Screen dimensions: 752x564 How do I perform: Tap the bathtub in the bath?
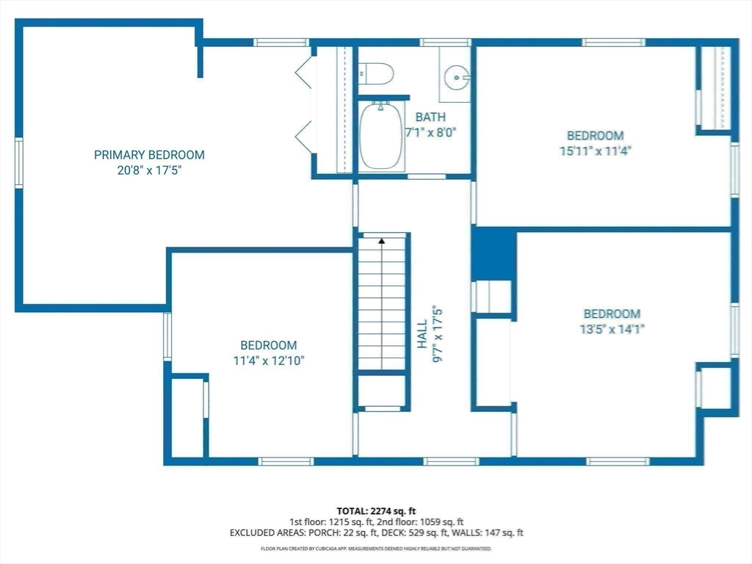click(x=381, y=136)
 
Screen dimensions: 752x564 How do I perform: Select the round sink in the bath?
click(x=457, y=76)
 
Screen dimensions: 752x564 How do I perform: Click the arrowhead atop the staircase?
click(x=382, y=241)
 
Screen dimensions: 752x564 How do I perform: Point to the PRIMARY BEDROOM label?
click(x=149, y=155)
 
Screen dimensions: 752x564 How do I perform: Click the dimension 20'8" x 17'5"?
click(x=150, y=170)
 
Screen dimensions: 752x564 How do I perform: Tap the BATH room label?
click(x=430, y=117)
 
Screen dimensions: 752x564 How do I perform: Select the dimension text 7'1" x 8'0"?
click(x=430, y=132)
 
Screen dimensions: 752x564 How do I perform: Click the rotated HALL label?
click(x=422, y=334)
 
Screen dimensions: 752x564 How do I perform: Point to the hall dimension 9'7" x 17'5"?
click(x=438, y=334)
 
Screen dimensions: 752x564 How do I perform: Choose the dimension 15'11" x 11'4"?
click(x=595, y=151)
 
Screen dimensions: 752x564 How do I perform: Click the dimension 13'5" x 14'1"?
click(x=612, y=330)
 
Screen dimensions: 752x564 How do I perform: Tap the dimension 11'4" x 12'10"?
click(x=269, y=361)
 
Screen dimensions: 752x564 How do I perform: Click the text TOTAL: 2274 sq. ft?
click(x=376, y=511)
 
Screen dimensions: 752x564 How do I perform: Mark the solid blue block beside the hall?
click(x=493, y=255)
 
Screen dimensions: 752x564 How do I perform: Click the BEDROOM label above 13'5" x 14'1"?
click(x=612, y=314)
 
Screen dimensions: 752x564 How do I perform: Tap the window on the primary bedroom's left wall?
click(x=19, y=162)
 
